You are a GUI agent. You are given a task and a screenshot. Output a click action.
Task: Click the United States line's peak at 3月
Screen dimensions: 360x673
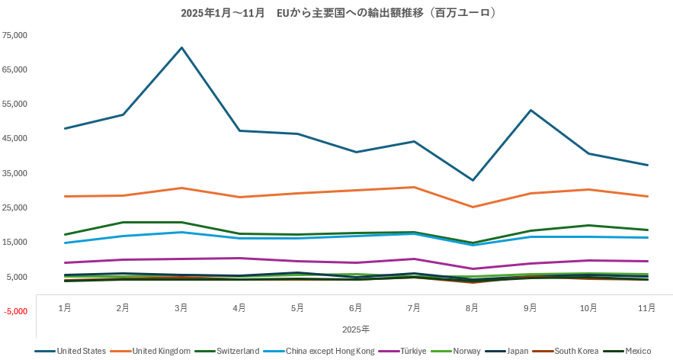(181, 48)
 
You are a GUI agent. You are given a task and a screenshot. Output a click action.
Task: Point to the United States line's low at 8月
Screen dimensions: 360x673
(473, 180)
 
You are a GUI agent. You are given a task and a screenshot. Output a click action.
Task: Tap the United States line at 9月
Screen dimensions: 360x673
(530, 111)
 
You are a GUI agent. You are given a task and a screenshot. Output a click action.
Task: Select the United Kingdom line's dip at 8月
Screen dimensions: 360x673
(473, 207)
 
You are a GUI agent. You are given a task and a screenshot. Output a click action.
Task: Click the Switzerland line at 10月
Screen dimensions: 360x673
(588, 225)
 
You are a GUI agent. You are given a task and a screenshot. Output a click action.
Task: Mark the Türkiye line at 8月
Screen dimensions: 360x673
(473, 268)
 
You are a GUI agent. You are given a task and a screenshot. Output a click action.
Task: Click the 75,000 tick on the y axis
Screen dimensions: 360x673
(15, 35)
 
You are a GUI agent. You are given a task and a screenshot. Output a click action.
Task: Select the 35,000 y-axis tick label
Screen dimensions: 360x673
(15, 173)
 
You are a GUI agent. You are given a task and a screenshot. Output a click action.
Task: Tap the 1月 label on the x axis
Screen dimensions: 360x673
(66, 308)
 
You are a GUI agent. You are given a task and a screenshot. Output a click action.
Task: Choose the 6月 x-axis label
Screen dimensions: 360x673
(356, 308)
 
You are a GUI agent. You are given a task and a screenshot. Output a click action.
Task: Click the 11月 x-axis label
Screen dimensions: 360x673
(646, 308)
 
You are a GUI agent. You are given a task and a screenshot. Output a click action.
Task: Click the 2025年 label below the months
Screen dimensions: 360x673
(356, 329)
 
